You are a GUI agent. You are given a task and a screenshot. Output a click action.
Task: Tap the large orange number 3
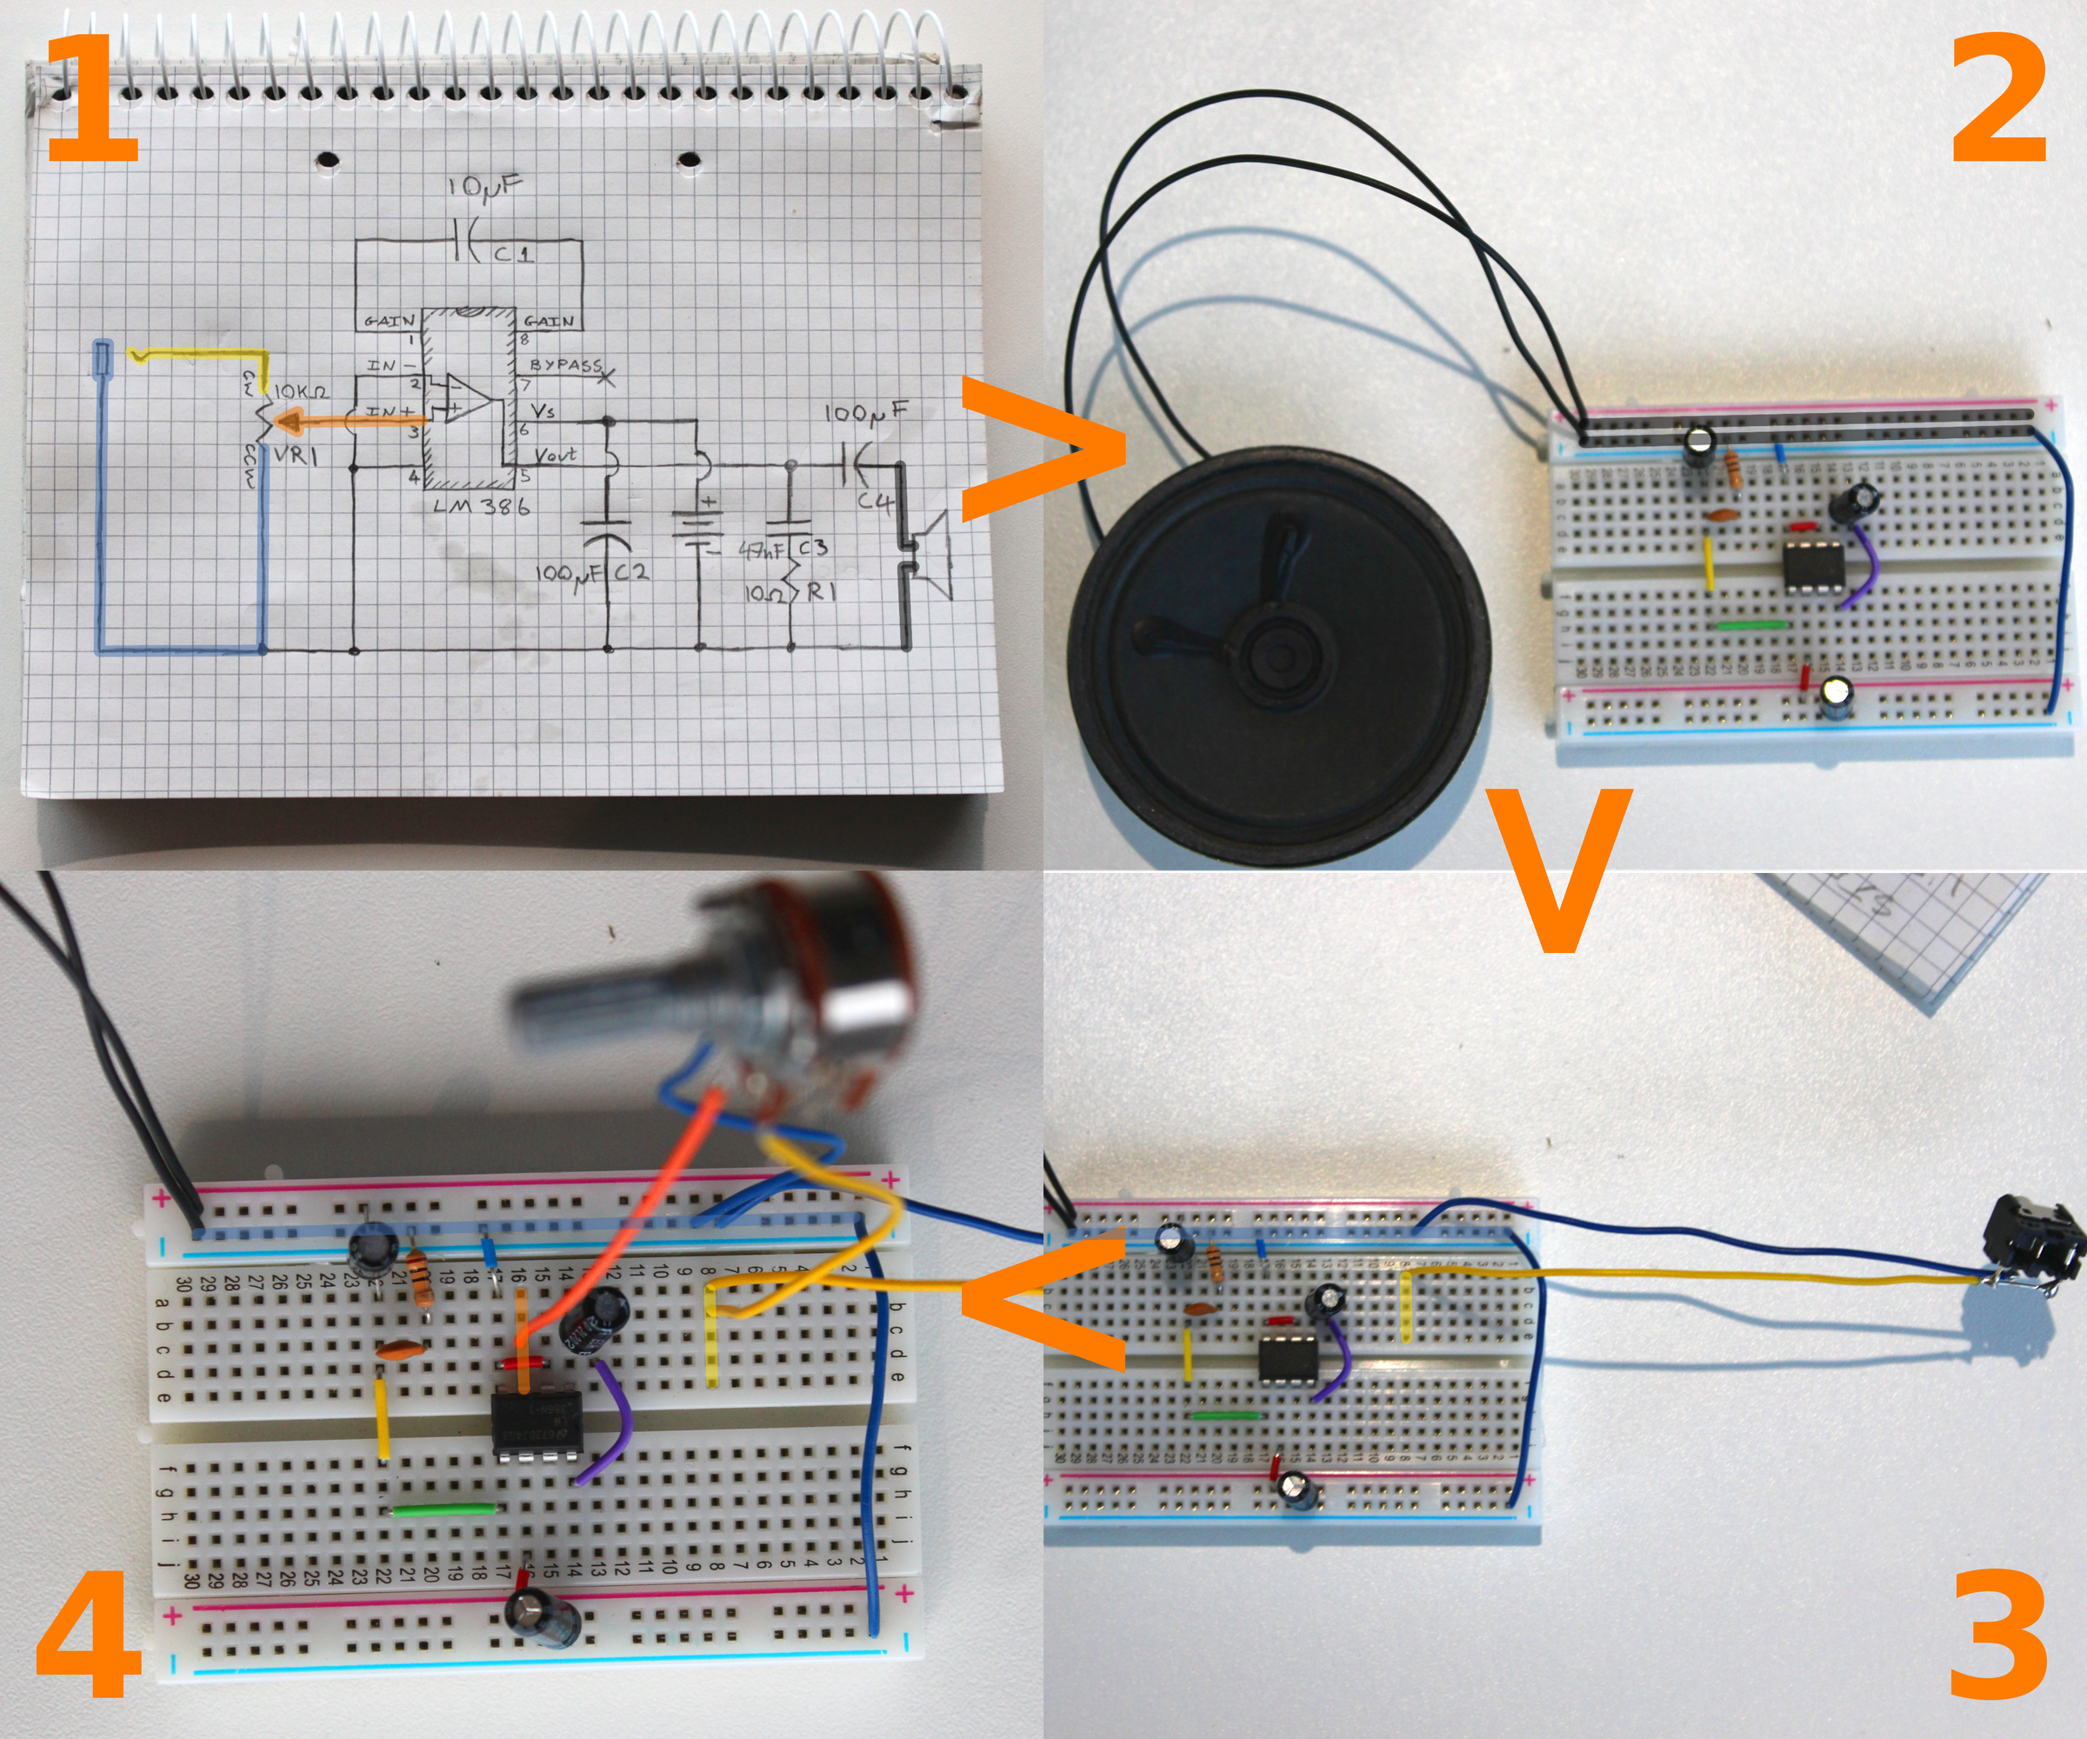(1997, 1635)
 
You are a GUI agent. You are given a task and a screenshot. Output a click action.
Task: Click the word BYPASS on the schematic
(564, 366)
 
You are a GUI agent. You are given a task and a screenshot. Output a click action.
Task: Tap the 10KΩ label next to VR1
(301, 392)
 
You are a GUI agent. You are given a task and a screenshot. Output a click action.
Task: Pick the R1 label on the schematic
(821, 593)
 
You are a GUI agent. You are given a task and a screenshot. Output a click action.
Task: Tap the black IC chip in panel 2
(1813, 564)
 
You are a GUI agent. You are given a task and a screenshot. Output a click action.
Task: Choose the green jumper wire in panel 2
(1751, 625)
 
